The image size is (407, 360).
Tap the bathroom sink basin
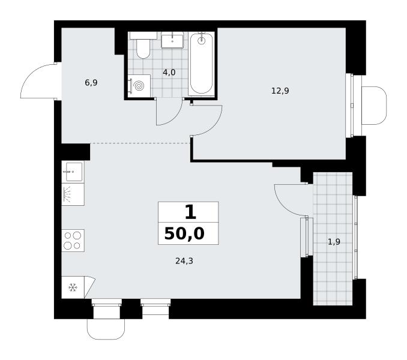click(x=172, y=40)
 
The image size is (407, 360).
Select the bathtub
click(x=202, y=64)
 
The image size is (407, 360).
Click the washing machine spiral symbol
click(x=139, y=86)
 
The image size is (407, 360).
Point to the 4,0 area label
click(x=169, y=73)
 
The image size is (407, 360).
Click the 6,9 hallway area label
click(x=91, y=83)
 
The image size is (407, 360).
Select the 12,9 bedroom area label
click(x=280, y=91)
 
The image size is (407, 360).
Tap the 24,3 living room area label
click(x=184, y=261)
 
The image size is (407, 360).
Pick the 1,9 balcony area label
click(x=334, y=242)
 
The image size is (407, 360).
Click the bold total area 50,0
click(x=184, y=233)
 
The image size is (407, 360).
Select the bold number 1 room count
click(x=190, y=212)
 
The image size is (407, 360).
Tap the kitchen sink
click(x=73, y=172)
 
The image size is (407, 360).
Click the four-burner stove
click(x=73, y=241)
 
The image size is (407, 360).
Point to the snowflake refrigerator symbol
click(x=73, y=287)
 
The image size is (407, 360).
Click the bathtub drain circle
click(x=202, y=40)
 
